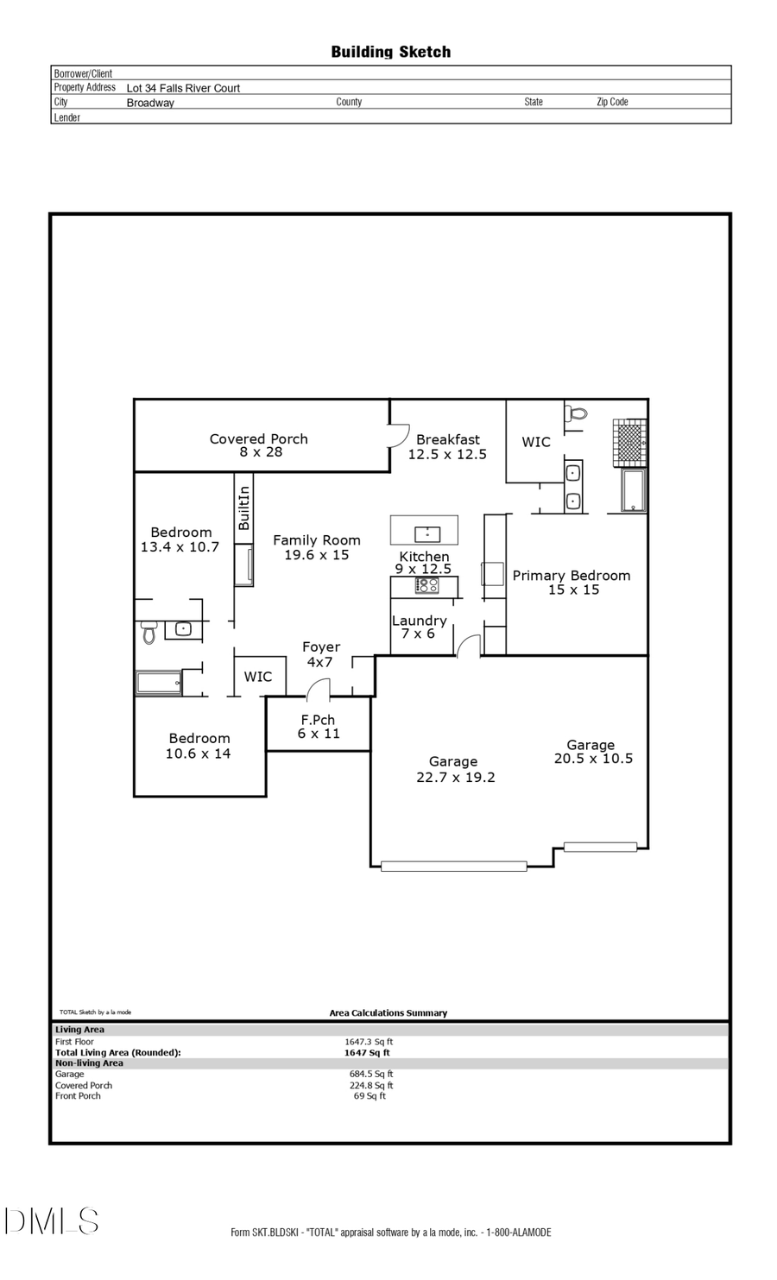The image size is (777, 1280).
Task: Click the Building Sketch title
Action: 390,52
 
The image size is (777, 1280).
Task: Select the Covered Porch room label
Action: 258,445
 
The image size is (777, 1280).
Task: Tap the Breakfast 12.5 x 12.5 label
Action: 447,446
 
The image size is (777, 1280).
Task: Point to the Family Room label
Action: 317,547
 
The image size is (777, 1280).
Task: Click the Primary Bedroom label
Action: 572,582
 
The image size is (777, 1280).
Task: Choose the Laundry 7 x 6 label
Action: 419,627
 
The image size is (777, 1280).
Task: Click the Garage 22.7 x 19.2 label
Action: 454,769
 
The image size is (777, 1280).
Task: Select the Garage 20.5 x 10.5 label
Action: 592,751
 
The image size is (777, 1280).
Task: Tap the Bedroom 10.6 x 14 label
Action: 199,746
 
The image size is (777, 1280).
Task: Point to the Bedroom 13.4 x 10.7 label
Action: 180,539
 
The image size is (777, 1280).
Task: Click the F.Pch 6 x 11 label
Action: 319,726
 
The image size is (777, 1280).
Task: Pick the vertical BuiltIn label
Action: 243,508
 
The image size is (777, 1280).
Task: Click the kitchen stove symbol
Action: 427,585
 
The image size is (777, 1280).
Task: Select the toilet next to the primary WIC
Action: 577,413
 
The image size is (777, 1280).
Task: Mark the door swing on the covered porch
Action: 397,434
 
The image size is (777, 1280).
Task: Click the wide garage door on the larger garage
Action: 453,866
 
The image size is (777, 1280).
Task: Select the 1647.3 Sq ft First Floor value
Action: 369,1042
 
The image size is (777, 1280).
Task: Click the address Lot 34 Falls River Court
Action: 183,88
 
